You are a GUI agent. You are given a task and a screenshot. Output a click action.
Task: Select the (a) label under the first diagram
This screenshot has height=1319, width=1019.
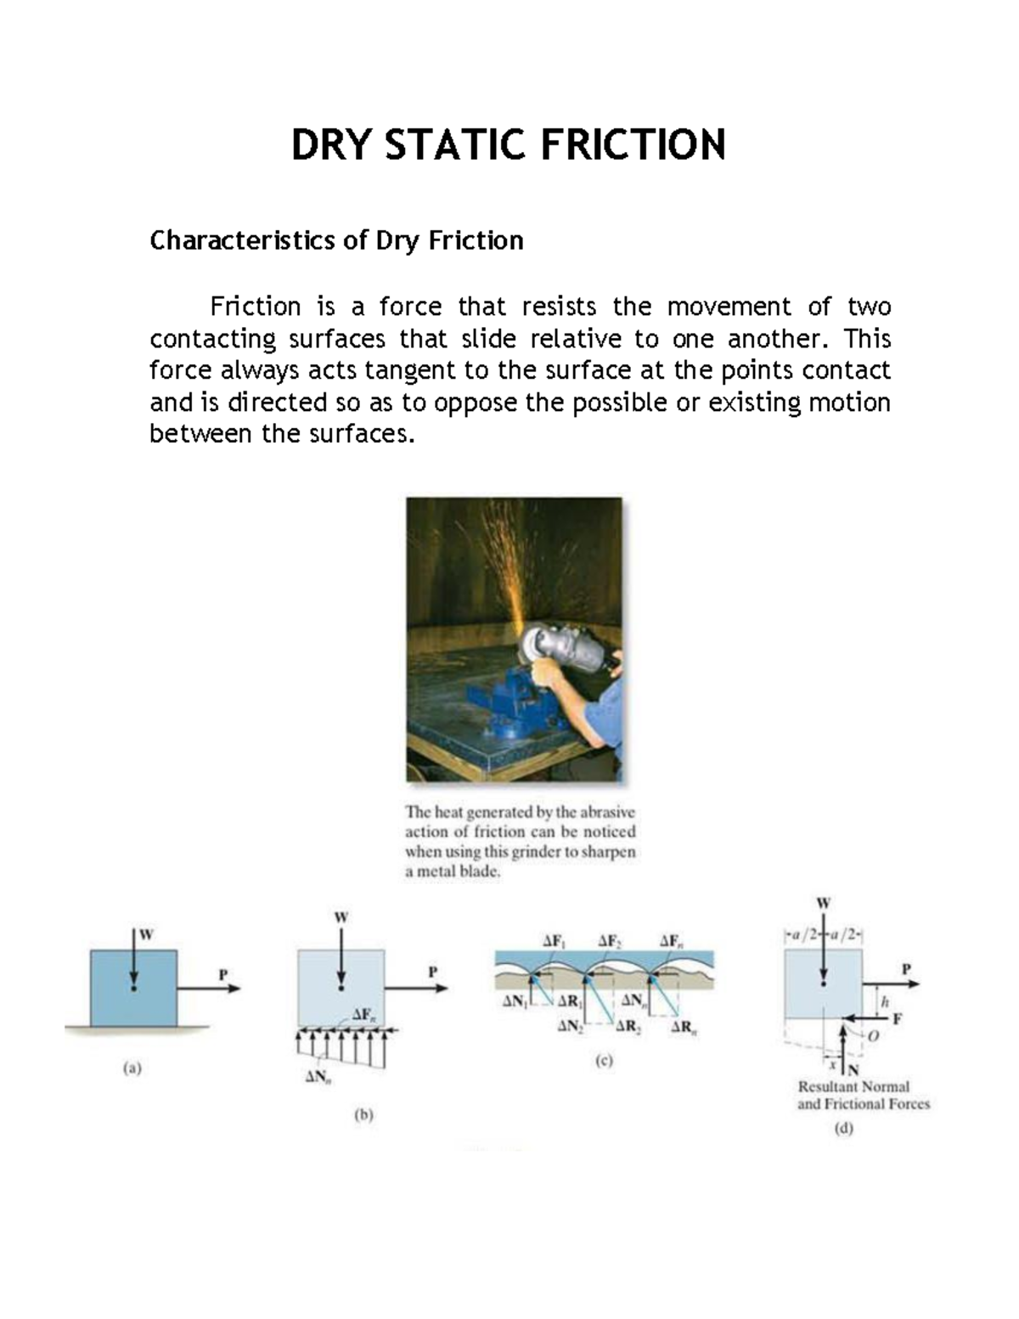132,1069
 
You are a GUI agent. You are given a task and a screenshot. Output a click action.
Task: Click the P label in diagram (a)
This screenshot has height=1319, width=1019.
223,974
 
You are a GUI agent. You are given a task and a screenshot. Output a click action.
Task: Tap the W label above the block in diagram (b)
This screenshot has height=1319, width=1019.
341,917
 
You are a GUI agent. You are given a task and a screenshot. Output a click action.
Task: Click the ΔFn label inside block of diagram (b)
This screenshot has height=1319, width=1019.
363,1014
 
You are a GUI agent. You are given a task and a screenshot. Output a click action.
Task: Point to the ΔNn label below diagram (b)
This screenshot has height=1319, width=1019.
318,1079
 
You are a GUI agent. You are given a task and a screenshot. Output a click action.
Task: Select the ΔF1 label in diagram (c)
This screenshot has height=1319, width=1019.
555,940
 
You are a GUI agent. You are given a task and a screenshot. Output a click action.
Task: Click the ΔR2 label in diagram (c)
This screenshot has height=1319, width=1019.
628,1026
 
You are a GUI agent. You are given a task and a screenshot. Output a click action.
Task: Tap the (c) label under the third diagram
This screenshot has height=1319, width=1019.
603,1060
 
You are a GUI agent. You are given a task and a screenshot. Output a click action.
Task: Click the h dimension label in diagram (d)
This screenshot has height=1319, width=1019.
885,1001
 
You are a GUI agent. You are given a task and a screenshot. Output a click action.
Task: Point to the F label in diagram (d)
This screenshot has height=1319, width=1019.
898,1018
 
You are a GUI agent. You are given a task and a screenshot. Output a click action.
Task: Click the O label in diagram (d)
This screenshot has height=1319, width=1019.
873,1036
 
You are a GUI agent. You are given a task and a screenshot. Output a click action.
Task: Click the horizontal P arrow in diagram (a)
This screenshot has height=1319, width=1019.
208,988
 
